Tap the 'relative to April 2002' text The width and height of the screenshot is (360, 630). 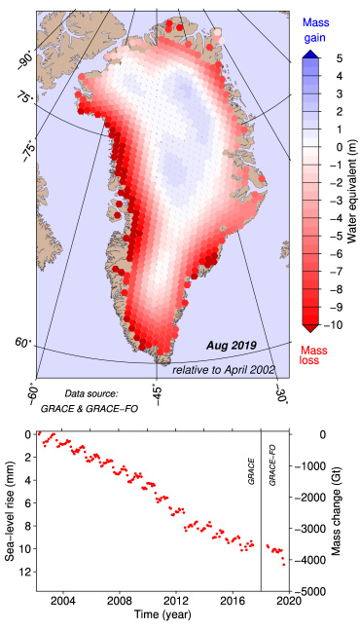[x=223, y=370]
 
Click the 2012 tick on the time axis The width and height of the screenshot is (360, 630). [x=175, y=602]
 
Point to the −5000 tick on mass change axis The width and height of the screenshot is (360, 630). [x=310, y=591]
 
